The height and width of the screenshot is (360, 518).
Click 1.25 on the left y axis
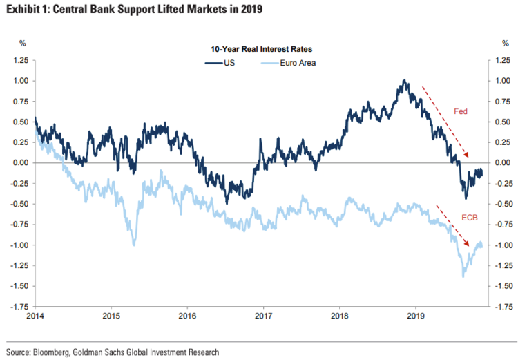coord(20,61)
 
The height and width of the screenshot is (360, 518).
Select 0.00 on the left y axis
coord(20,163)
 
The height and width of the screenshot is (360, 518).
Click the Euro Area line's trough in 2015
coord(133,245)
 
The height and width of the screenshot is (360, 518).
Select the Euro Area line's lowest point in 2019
coord(462,276)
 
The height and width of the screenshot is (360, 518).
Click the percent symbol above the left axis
coord(23,43)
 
